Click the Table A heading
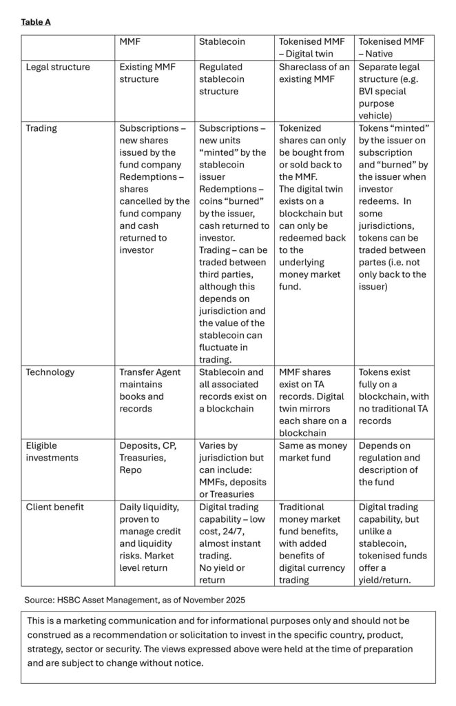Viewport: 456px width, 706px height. coord(36,22)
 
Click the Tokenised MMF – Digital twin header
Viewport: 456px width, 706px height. coord(313,48)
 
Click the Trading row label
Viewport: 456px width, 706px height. coord(41,128)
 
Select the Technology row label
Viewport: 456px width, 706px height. coord(50,372)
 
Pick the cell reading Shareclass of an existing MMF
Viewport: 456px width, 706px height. coord(314,73)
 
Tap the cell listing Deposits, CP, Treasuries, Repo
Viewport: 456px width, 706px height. coord(149,457)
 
